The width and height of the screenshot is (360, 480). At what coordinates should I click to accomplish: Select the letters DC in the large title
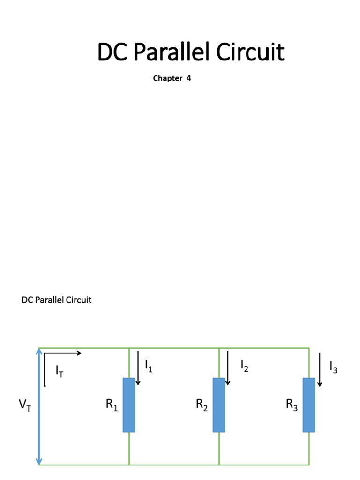(x=112, y=53)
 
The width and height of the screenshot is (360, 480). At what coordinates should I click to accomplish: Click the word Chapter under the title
(x=167, y=79)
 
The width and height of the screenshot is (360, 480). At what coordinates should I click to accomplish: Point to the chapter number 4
(x=188, y=79)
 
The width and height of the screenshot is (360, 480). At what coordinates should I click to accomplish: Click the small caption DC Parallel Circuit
(x=57, y=300)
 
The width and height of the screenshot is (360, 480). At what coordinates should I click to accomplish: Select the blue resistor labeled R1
(x=129, y=405)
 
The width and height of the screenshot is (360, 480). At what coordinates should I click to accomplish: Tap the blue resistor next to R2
(x=219, y=405)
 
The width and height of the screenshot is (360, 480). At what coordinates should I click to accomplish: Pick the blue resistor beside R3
(x=309, y=405)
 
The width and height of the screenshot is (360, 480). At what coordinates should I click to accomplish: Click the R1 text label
(x=112, y=405)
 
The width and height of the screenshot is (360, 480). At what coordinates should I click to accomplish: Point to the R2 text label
(x=202, y=405)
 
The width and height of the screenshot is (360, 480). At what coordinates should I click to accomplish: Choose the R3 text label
(x=292, y=405)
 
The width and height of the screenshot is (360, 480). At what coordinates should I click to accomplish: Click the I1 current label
(x=149, y=366)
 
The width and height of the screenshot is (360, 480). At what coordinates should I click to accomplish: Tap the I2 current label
(x=244, y=366)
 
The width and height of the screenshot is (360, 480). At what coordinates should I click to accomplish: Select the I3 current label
(x=333, y=367)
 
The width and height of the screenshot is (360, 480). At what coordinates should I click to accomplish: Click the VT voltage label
(x=25, y=406)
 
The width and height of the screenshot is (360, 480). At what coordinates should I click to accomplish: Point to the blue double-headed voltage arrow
(x=39, y=406)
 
